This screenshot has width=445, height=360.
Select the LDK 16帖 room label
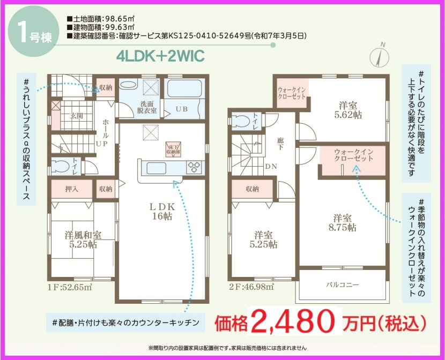tap(161, 211)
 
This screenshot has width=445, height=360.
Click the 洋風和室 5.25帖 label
tap(83, 239)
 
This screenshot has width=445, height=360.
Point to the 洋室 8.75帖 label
tap(343, 222)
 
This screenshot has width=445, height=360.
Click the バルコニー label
tap(343, 284)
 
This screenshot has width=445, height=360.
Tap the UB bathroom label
tap(183, 109)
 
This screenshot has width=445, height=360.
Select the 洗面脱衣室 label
tap(145, 107)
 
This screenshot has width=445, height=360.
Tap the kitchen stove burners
tap(195, 167)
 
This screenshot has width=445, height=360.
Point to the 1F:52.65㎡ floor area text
tap(70, 286)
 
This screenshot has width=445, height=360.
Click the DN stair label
tap(271, 166)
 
